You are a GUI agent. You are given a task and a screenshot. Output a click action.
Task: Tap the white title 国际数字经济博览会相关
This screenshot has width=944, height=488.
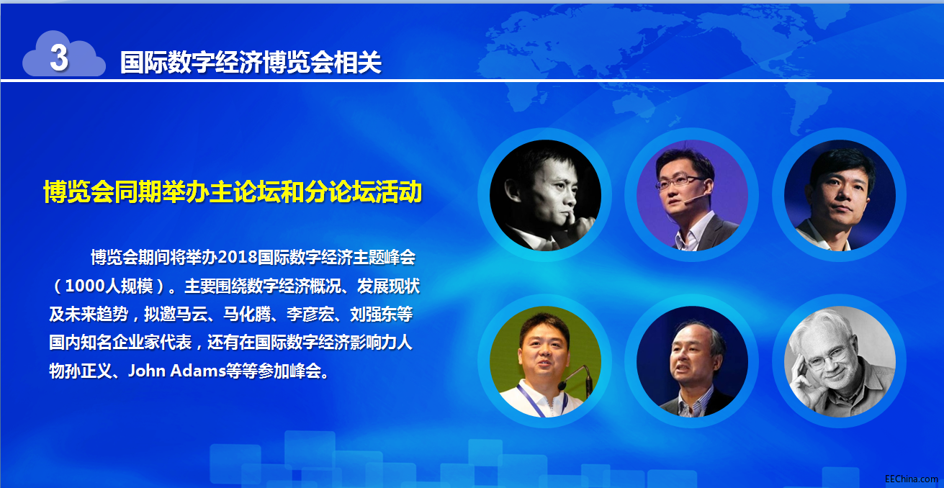click(x=251, y=63)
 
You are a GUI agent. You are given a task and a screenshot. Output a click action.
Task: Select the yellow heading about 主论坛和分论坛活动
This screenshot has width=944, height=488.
click(x=233, y=191)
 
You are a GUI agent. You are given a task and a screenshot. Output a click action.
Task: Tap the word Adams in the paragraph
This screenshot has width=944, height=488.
click(x=197, y=371)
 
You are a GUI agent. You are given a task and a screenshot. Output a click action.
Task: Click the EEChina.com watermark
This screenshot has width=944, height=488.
click(x=911, y=479)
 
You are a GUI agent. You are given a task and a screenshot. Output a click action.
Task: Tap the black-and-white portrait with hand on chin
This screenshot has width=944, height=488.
click(x=545, y=195)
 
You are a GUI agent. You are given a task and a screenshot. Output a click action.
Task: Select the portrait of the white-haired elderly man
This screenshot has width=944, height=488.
click(x=840, y=361)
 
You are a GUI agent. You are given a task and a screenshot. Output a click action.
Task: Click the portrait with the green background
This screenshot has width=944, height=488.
click(x=545, y=361)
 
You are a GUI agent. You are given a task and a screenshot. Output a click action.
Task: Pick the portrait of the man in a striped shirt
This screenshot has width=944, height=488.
click(x=693, y=361)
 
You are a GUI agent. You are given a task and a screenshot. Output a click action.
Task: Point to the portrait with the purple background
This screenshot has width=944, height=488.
click(x=693, y=195)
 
